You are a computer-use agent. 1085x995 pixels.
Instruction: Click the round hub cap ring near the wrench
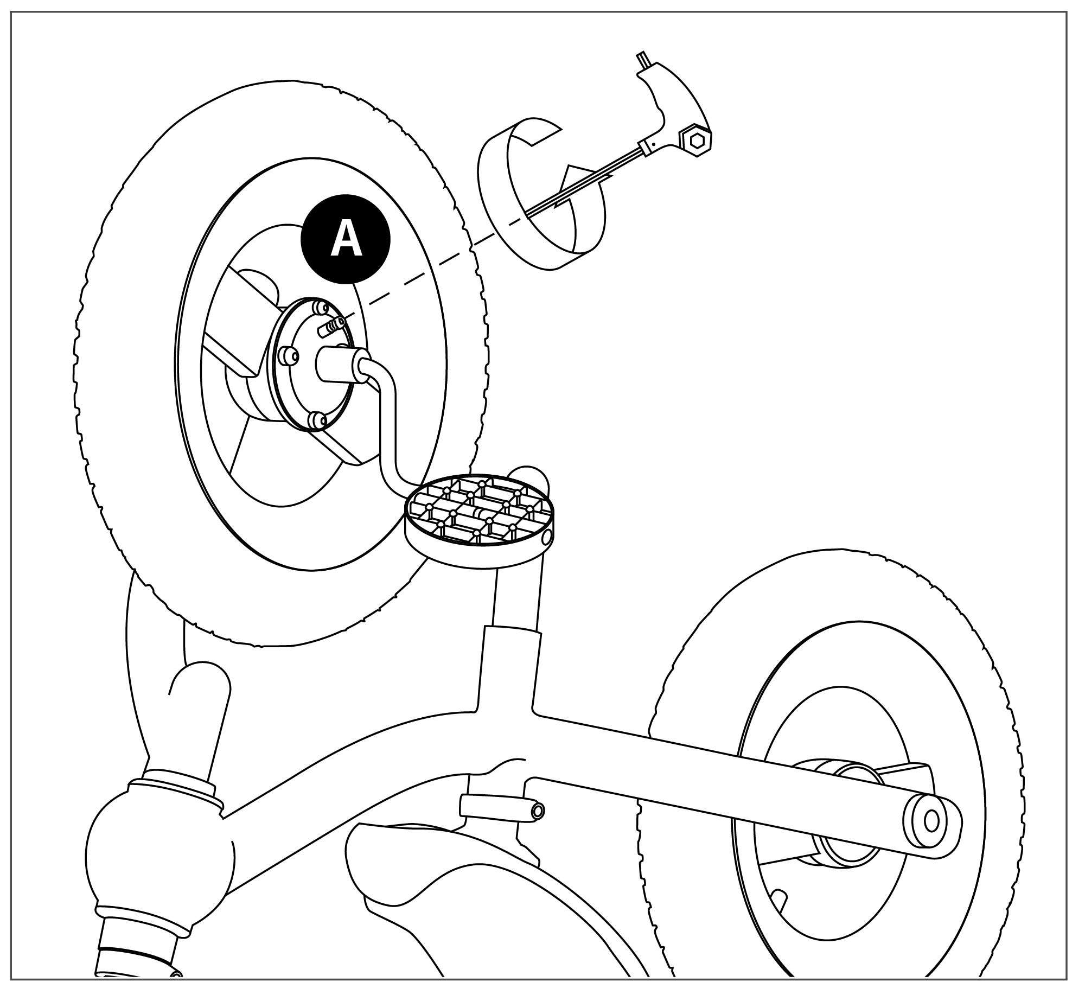pos(541,197)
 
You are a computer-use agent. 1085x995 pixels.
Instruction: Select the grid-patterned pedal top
pos(478,511)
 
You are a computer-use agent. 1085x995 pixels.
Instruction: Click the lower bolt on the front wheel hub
pos(317,420)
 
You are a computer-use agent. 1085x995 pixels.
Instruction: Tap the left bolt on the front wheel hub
pos(288,355)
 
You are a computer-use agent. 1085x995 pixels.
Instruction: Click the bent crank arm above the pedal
pos(386,412)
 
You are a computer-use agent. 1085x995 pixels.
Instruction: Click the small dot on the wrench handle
pos(654,144)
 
